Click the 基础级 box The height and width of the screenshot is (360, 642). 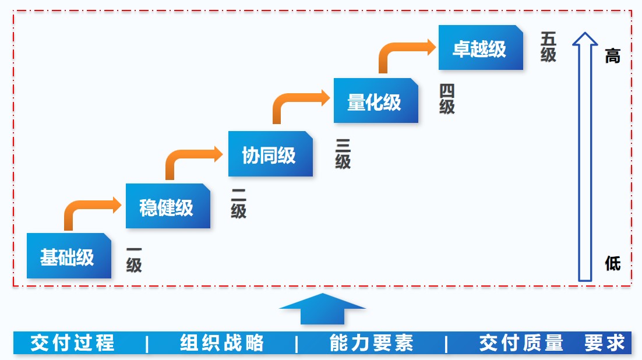coord(69,256)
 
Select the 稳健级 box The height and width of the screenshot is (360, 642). coord(168,206)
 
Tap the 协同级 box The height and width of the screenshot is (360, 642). coord(270,154)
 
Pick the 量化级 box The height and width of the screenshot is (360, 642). coord(376,101)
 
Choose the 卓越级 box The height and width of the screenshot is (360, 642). coord(481,48)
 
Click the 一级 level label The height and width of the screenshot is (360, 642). coord(134,259)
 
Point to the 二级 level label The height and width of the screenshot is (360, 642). coord(238,204)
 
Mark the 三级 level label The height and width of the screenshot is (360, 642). coord(343,154)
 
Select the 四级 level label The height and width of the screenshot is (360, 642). coord(447,99)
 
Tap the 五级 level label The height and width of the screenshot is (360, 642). coord(548,47)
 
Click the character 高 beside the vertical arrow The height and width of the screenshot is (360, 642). coord(612,57)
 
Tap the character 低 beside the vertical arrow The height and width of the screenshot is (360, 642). coord(612,263)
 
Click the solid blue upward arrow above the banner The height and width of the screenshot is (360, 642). coord(322,308)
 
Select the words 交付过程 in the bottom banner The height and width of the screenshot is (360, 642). coord(72,343)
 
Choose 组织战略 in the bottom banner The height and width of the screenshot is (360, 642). coord(221,343)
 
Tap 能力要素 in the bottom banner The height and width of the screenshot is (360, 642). coord(371,343)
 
